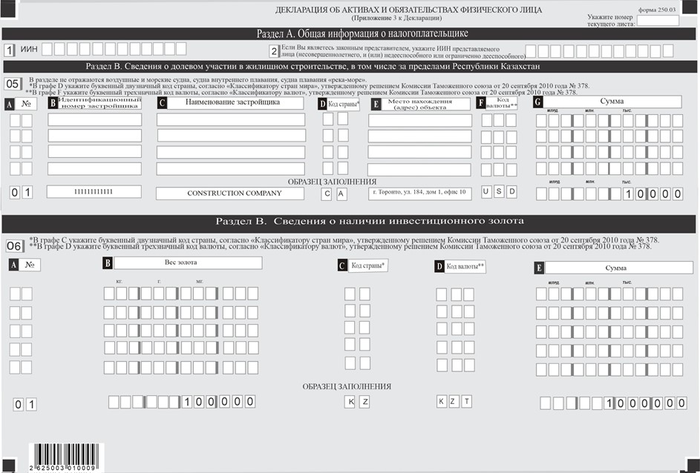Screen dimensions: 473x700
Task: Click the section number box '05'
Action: click(x=13, y=84)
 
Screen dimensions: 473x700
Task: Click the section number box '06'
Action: click(x=13, y=245)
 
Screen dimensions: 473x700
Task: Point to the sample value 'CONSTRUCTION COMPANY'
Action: click(x=230, y=193)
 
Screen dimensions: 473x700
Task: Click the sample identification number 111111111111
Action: click(x=94, y=192)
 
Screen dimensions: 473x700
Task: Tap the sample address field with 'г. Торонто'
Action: click(x=419, y=193)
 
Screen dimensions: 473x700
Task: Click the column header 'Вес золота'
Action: click(x=187, y=263)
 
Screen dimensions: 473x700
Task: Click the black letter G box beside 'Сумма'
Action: click(x=538, y=103)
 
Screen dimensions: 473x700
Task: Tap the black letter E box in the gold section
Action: click(x=540, y=268)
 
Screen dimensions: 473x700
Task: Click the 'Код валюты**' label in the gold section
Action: click(x=465, y=266)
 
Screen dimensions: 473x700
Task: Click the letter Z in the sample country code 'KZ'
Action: click(x=365, y=402)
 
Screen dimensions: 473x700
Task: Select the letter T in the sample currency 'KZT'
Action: click(x=467, y=402)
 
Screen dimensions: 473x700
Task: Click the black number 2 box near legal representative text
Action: click(x=274, y=50)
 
